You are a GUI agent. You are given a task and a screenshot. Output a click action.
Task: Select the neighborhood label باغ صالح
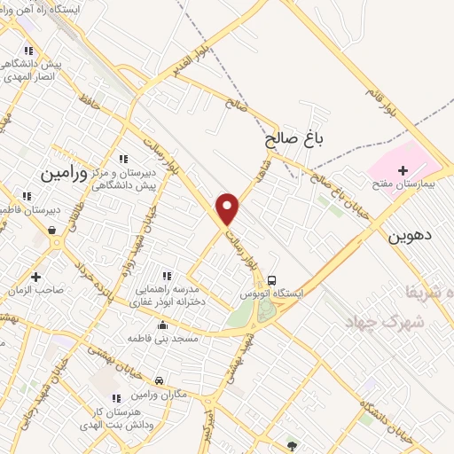click(x=294, y=139)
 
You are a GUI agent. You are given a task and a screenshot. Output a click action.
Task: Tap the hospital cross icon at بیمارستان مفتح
click(x=403, y=169)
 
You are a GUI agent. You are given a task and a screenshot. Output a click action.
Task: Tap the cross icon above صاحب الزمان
click(x=35, y=276)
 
